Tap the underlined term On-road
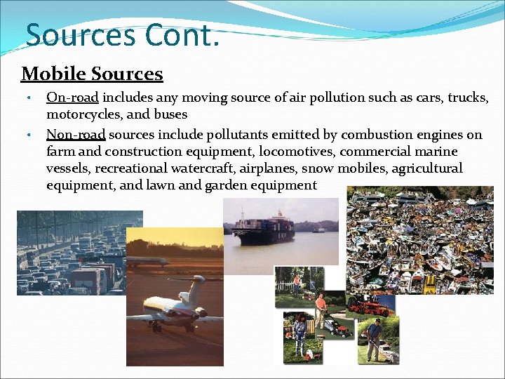(x=72, y=98)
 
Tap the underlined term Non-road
(x=76, y=134)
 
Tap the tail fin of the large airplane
(x=197, y=287)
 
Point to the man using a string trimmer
(x=376, y=337)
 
